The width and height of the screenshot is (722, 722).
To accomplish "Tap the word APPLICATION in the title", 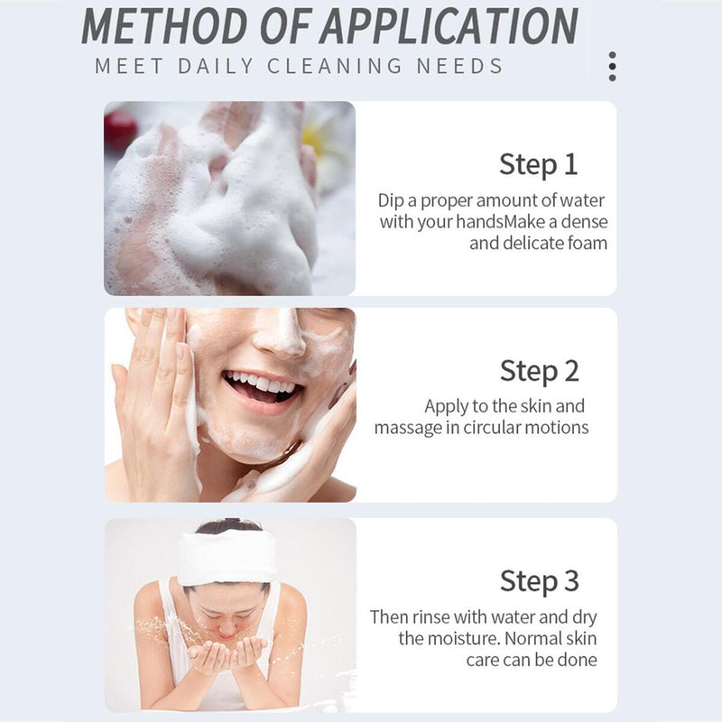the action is point(449,25).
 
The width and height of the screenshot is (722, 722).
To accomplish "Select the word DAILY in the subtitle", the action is point(216,66).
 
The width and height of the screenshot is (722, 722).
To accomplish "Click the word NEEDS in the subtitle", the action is point(459,66).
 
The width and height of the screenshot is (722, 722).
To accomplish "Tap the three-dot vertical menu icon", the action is point(612,66).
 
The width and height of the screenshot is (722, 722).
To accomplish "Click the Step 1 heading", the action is point(538,165).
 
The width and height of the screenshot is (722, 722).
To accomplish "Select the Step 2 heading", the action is point(539,371).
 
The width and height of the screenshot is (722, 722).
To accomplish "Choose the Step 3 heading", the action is point(539,581).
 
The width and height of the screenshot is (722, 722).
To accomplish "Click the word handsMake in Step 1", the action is point(500,221).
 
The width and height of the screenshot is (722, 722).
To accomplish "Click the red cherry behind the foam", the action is point(120,129).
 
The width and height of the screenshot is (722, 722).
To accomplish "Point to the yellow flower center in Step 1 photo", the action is point(314,138).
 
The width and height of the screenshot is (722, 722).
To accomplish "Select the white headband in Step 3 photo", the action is point(227,559).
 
